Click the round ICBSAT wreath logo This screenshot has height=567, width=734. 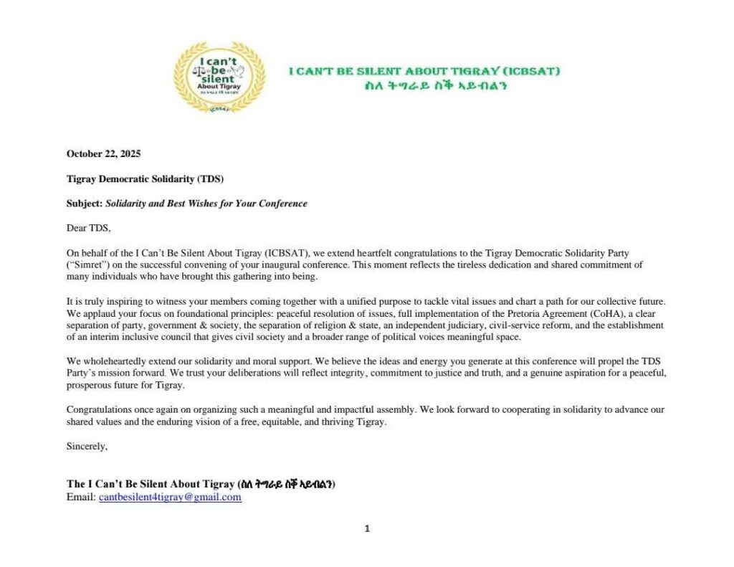click(219, 77)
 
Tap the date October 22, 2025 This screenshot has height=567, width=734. click(103, 153)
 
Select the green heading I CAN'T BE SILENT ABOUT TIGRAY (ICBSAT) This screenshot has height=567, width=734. click(424, 71)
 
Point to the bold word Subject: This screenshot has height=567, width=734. click(85, 204)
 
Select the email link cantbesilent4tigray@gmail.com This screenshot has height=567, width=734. click(170, 497)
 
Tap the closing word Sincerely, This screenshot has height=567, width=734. click(87, 446)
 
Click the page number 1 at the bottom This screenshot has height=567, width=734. click(367, 529)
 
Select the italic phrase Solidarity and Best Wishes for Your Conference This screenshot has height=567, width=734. click(206, 204)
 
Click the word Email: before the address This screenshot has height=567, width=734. click(81, 497)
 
